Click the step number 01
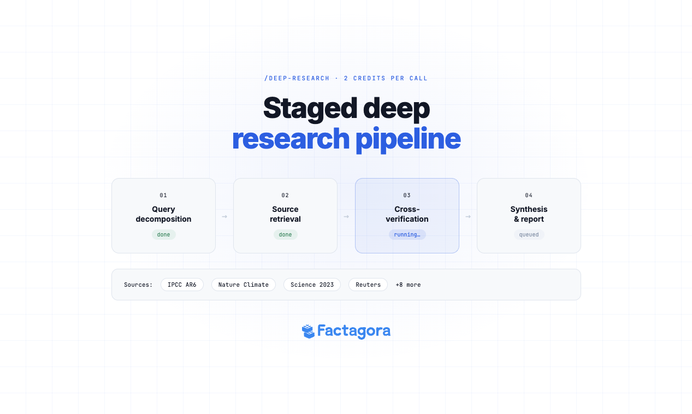(x=163, y=195)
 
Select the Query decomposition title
(x=163, y=214)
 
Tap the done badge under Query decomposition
(x=163, y=235)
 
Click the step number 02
(x=285, y=195)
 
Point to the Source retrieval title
(x=285, y=214)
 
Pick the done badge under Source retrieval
(x=285, y=235)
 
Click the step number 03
(x=407, y=195)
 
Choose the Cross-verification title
(x=407, y=214)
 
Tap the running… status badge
(x=407, y=235)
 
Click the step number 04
(x=529, y=195)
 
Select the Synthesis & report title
(x=529, y=214)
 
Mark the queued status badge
(x=529, y=235)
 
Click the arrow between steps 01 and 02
(x=224, y=217)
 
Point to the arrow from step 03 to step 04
(x=468, y=217)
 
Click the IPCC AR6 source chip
(x=182, y=285)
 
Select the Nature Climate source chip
(x=243, y=285)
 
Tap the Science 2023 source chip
(x=312, y=285)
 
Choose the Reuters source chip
(x=368, y=285)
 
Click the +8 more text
(x=408, y=285)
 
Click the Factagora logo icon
(x=309, y=331)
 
